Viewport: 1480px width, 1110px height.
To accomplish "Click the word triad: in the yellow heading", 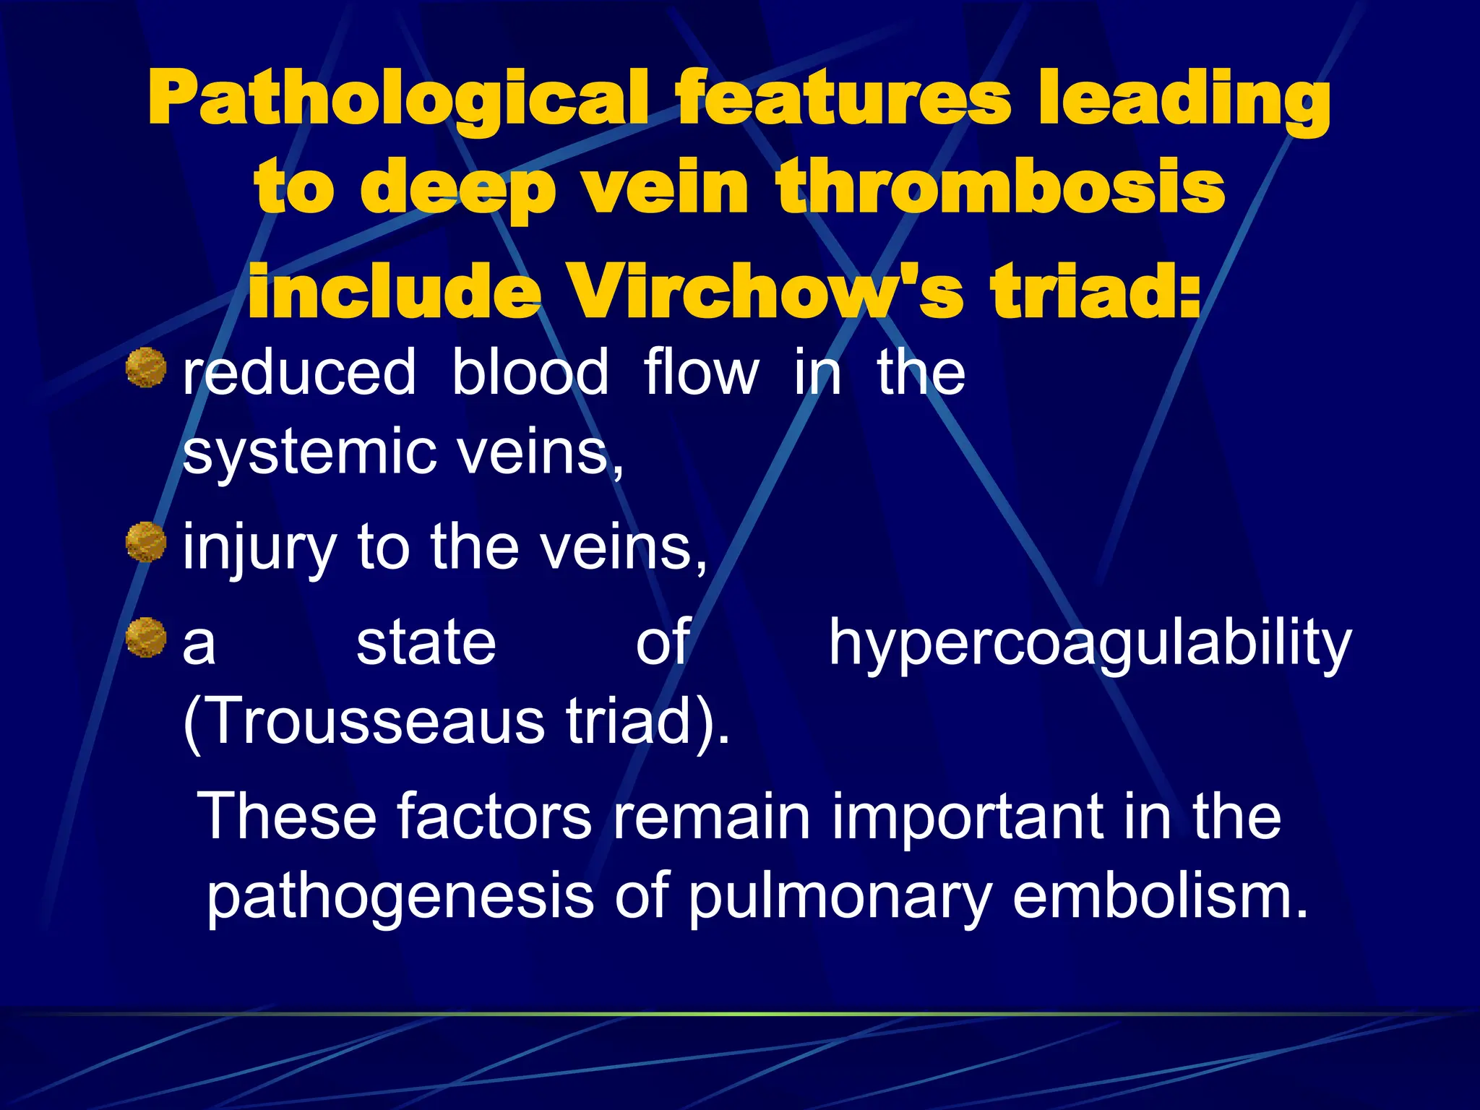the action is click(1096, 290).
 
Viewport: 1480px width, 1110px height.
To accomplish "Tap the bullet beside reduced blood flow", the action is click(146, 367).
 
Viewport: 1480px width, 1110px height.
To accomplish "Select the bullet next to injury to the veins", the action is click(146, 542).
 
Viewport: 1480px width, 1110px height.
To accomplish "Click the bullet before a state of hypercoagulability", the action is click(146, 637).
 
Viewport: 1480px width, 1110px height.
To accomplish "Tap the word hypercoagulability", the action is click(1090, 643).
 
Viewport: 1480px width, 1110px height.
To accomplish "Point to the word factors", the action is click(494, 816).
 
